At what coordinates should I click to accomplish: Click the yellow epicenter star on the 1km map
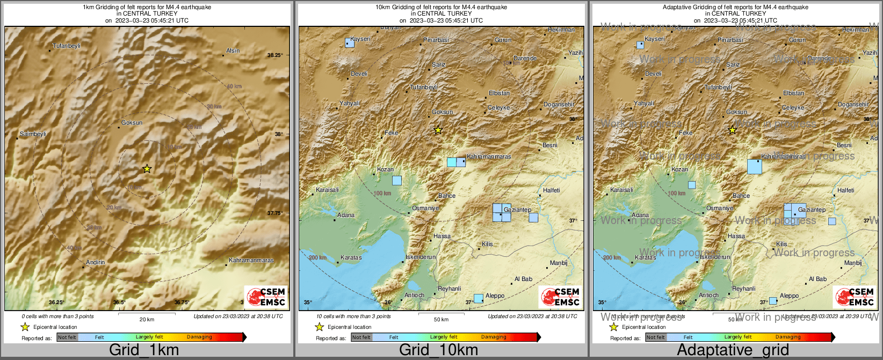147,169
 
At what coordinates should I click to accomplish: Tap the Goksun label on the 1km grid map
132,123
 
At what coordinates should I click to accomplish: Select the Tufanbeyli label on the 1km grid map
67,46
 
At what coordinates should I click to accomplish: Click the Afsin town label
233,51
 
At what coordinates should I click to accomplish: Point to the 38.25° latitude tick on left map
274,55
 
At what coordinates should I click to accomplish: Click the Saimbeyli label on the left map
33,134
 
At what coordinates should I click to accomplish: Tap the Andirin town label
96,263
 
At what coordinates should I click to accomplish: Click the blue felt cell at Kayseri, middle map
350,43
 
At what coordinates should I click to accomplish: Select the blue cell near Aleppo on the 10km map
478,298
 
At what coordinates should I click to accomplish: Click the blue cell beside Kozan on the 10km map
396,181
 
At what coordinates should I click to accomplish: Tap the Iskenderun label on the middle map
421,257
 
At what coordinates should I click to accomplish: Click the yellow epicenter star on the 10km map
438,130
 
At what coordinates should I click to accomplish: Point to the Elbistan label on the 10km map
499,93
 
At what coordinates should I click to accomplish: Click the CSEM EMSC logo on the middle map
560,297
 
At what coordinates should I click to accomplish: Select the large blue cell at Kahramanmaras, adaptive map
754,167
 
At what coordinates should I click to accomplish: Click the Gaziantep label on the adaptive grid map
812,210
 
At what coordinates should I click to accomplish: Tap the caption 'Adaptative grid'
733,350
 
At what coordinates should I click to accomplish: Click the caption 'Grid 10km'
438,350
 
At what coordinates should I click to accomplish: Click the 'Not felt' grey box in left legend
67,337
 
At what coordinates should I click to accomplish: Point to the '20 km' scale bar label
147,320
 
